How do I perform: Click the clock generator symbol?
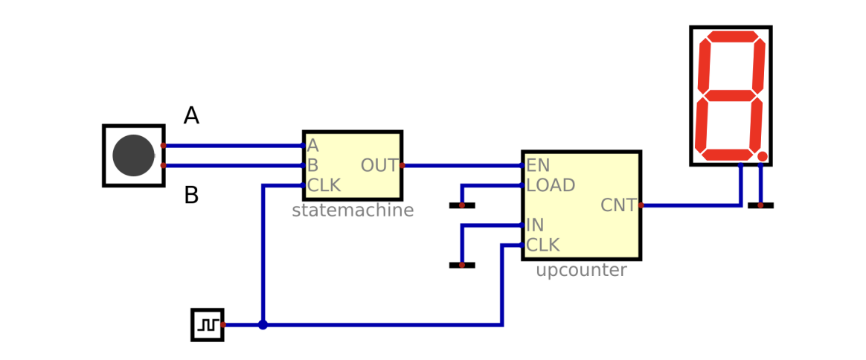click(x=207, y=325)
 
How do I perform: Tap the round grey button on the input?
click(x=133, y=155)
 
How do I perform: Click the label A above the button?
click(x=191, y=116)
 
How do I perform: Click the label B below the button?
click(x=191, y=196)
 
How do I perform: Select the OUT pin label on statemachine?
click(x=379, y=166)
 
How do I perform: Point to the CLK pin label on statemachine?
click(x=324, y=186)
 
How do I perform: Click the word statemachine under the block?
click(x=353, y=210)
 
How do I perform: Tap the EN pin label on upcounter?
click(x=537, y=165)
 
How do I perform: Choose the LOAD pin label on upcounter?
click(x=551, y=185)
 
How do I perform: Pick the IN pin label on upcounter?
click(x=535, y=225)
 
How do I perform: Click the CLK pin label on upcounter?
click(x=543, y=245)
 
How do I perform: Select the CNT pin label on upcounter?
click(x=618, y=205)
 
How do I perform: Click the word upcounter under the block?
click(x=581, y=271)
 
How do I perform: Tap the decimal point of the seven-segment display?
click(x=762, y=156)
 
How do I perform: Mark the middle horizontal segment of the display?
click(x=730, y=96)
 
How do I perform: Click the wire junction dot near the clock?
click(x=263, y=325)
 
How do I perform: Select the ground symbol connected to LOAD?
click(x=461, y=205)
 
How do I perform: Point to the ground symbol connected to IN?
click(x=461, y=265)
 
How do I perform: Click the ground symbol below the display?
click(x=760, y=205)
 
